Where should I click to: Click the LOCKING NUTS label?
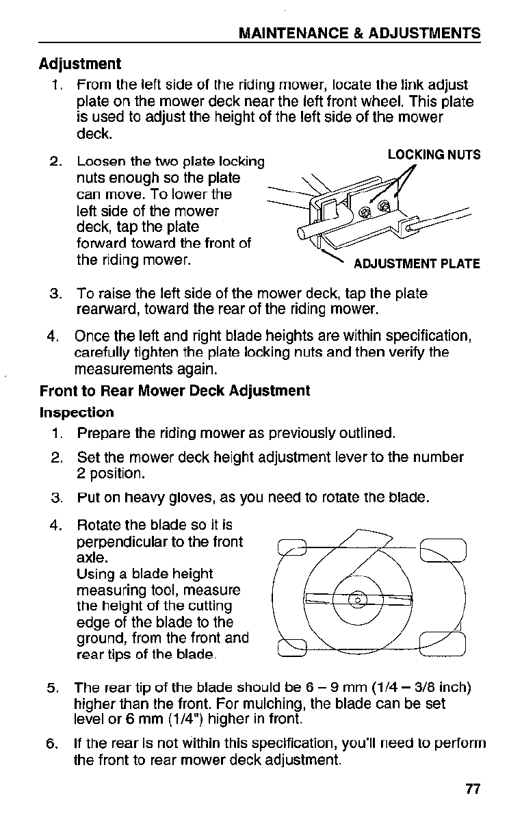(434, 155)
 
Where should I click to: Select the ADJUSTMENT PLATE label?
(416, 263)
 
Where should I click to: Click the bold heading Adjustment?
(80, 64)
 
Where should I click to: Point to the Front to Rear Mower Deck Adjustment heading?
(174, 391)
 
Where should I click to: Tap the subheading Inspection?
(77, 413)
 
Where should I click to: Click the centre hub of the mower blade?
(358, 600)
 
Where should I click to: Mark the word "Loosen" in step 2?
(97, 162)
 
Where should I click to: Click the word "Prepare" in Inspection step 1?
(103, 433)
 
